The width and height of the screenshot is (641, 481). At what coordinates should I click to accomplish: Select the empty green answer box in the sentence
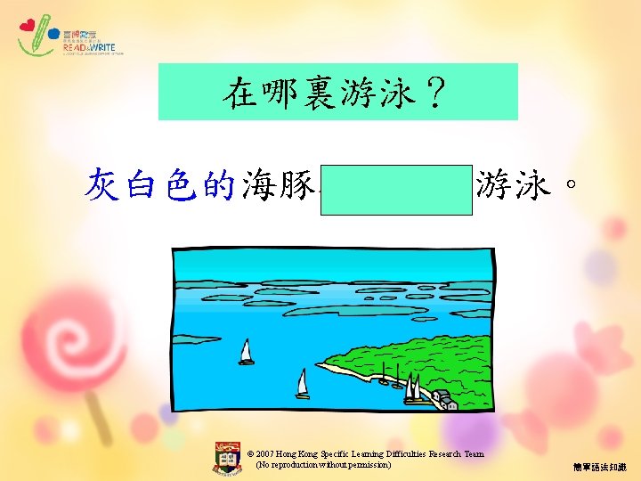point(396,189)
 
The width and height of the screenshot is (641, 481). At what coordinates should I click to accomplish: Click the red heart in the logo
point(28,26)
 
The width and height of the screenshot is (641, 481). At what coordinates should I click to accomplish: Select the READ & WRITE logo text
point(89,48)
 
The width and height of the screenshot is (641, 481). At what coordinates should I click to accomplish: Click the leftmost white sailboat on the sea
point(247,352)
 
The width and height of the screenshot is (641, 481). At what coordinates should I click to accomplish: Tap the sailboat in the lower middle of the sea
point(303,384)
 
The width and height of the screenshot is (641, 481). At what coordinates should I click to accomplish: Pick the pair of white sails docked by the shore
point(412,388)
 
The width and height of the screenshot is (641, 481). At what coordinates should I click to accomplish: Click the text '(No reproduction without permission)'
point(323,465)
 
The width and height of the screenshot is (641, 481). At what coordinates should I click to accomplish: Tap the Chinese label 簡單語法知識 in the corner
point(600,467)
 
